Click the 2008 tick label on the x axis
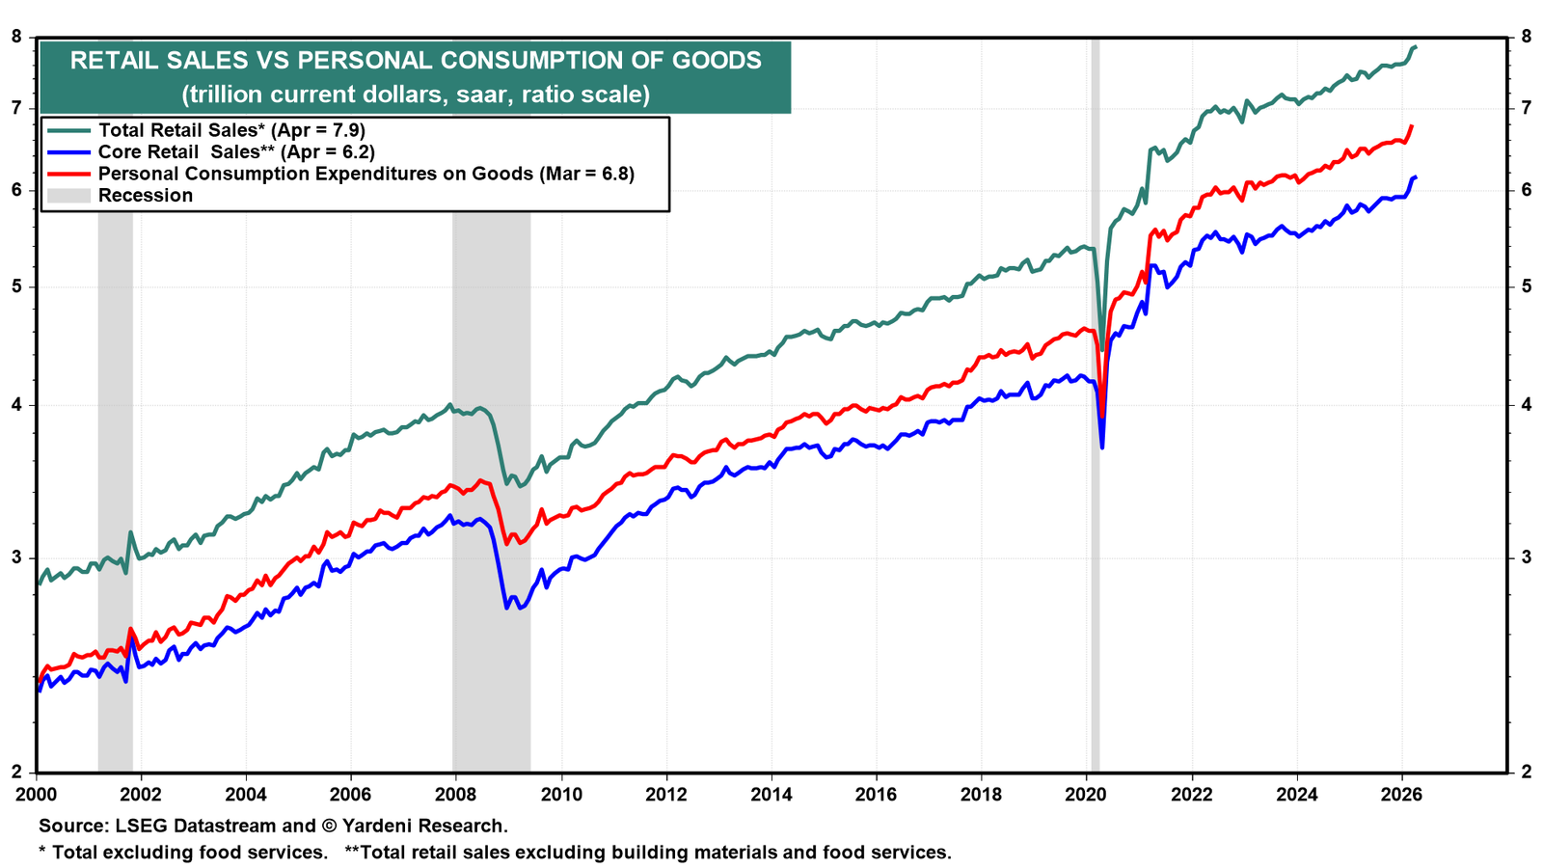(455, 795)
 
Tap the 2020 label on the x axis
(1086, 795)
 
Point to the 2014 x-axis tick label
(771, 795)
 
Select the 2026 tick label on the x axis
(1401, 795)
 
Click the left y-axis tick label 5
(16, 286)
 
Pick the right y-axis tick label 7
(1525, 107)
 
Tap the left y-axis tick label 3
(16, 557)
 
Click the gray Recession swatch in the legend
(68, 196)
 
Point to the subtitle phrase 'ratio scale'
(584, 94)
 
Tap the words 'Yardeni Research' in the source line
(423, 826)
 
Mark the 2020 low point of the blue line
(1102, 448)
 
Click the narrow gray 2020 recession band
(1096, 405)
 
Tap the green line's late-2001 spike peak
(129, 531)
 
